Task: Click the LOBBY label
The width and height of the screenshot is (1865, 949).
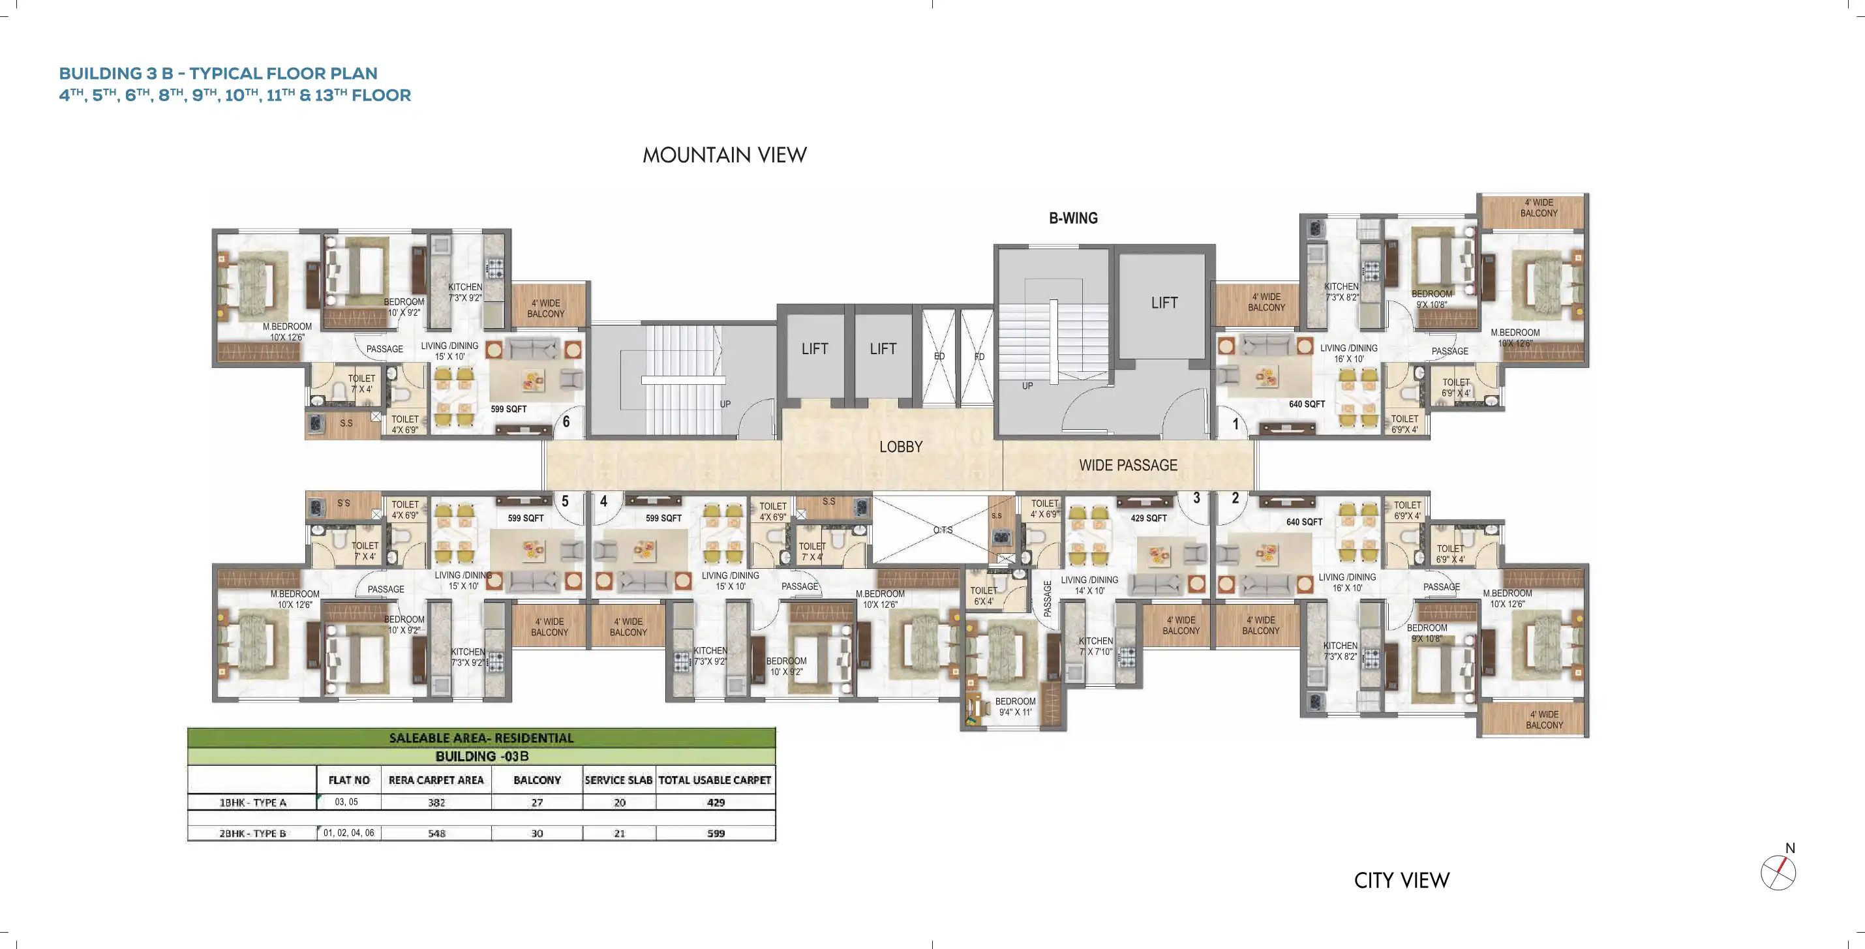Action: (x=901, y=447)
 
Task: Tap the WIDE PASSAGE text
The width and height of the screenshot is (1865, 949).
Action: (x=1127, y=466)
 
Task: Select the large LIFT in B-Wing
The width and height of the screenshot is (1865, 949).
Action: (x=1164, y=303)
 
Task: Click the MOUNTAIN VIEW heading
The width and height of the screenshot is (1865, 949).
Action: (x=724, y=155)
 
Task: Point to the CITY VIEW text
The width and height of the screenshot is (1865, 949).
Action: (x=1402, y=881)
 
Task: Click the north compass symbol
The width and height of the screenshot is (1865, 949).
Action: (x=1778, y=871)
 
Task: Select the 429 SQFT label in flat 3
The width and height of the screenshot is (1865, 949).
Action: (x=1148, y=519)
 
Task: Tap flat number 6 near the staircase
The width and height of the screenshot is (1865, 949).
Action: (x=566, y=421)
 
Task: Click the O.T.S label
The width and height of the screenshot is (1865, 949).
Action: (x=943, y=530)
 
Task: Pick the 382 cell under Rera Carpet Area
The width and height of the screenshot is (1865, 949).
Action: (x=436, y=802)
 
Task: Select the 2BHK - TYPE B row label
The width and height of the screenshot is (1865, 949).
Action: (x=252, y=833)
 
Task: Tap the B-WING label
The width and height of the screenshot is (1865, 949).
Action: (x=1073, y=218)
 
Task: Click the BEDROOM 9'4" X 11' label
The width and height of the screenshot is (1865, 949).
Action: (x=1015, y=706)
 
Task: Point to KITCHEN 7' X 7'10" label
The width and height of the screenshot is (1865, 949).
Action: (x=1095, y=646)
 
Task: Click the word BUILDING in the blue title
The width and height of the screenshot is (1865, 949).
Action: (x=100, y=73)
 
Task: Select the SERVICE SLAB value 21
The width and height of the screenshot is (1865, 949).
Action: (x=619, y=833)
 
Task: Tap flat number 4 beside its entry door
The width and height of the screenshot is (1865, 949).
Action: (x=603, y=501)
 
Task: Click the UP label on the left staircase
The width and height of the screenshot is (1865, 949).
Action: (x=725, y=404)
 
